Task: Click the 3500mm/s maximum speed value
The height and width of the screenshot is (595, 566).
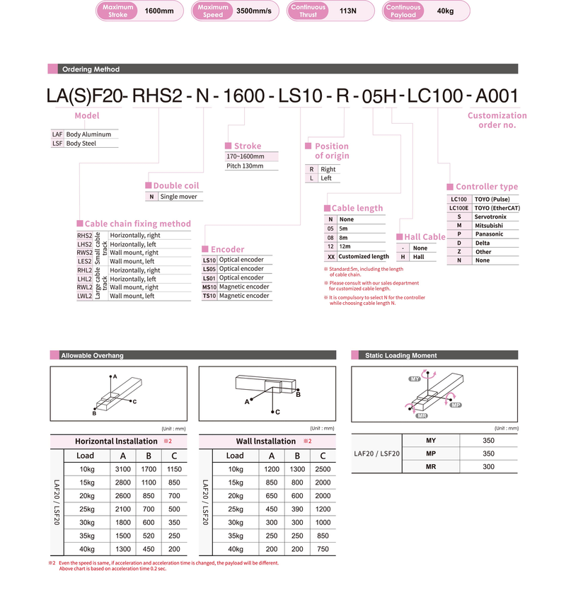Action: pos(253,11)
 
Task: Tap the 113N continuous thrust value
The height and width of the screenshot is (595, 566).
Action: pos(348,11)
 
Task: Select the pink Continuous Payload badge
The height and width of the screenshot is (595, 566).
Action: pos(404,11)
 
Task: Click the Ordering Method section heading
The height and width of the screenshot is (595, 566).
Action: pos(91,69)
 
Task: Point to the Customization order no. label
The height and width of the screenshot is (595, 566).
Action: pos(497,120)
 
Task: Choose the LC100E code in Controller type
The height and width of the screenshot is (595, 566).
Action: pos(459,208)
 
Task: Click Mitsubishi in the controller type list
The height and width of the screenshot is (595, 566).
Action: pos(489,225)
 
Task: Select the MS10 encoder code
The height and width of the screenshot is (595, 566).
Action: pos(209,287)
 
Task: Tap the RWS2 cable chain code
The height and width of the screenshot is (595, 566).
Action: pos(84,253)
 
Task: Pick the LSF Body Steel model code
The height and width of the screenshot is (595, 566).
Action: pos(58,143)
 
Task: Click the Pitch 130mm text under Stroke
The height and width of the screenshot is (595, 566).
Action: pos(245,166)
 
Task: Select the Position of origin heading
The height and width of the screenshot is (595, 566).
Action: pos(331,151)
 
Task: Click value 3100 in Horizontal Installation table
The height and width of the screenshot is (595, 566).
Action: pos(123,470)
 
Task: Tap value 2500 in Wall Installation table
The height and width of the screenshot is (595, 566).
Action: pos(323,470)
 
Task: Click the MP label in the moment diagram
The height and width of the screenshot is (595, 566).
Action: pos(456,405)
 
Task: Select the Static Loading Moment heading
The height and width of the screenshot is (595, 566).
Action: pos(400,355)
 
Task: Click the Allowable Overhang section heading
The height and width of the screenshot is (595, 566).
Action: pos(92,355)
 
